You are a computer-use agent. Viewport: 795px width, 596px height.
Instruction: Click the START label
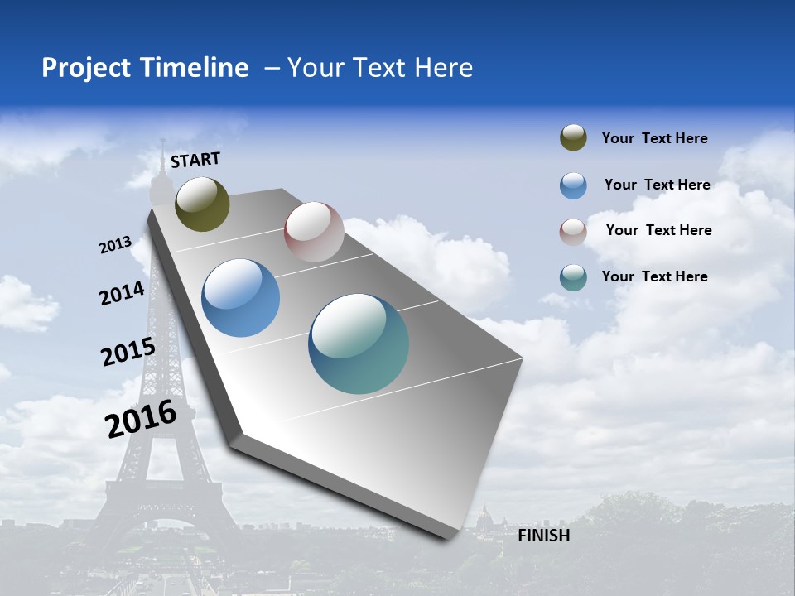click(x=195, y=160)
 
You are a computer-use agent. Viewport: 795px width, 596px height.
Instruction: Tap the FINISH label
click(x=544, y=536)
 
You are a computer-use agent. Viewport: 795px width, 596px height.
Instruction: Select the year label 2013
click(x=116, y=245)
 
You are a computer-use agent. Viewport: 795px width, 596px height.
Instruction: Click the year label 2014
click(x=123, y=293)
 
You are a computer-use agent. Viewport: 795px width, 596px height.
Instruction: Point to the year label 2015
click(x=128, y=352)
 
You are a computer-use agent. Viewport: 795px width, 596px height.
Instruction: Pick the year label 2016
click(x=141, y=419)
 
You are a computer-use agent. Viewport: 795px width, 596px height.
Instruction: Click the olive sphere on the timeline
click(x=202, y=204)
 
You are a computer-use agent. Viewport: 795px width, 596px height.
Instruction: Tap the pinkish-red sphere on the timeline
click(x=314, y=232)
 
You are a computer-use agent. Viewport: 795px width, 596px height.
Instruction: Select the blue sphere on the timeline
click(x=240, y=298)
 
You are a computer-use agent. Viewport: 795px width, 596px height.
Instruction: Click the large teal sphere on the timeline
click(x=359, y=344)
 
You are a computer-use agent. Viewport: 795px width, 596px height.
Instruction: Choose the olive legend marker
click(x=573, y=138)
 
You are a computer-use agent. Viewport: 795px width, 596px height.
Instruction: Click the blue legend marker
click(x=573, y=185)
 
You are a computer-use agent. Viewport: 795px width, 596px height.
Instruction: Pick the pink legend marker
click(x=573, y=231)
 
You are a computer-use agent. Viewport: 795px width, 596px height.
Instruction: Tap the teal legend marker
click(x=573, y=277)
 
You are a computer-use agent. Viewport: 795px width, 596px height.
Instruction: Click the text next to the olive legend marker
click(x=654, y=139)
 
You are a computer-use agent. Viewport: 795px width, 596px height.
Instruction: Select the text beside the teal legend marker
click(x=654, y=276)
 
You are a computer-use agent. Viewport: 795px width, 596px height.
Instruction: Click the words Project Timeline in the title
click(x=145, y=68)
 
